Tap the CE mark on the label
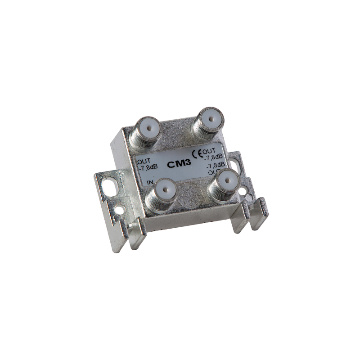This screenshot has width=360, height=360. click(x=198, y=154)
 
